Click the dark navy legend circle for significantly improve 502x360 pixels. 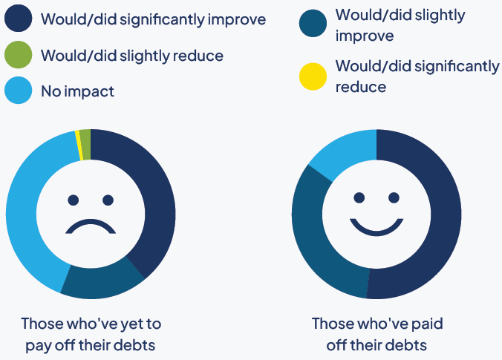pos(19,19)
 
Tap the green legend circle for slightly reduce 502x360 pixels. pos(19,55)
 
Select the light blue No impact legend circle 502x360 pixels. pos(19,91)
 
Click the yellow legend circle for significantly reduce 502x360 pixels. pos(313,76)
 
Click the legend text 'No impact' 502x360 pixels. pos(78,91)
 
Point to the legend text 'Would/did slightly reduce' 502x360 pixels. pos(132,55)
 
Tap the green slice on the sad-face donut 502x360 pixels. pos(85,134)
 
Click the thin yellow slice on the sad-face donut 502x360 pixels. pos(77,135)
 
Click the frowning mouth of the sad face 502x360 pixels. pos(91,226)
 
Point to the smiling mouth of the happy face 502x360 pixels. pos(376,225)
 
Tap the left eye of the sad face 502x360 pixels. pos(73,200)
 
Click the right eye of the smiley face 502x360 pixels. pos(394,197)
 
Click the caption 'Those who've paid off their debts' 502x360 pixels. pos(376,334)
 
